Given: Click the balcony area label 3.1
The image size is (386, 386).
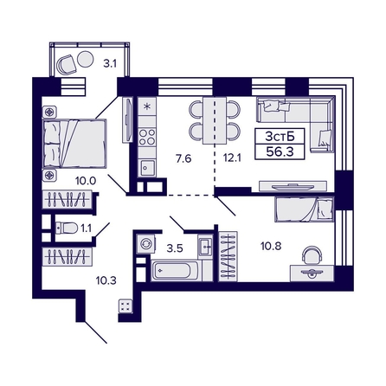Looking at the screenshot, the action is tap(110, 63).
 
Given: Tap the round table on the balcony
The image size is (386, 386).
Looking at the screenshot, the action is tap(86, 59).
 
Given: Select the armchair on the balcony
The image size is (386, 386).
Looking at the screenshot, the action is tap(67, 64).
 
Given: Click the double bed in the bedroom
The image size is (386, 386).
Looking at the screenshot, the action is tap(74, 144).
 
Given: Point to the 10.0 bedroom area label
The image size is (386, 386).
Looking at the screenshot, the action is tap(86, 181).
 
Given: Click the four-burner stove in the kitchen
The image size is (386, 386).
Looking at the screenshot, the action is tap(147, 137).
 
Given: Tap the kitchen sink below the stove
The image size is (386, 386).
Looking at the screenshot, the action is tap(147, 167).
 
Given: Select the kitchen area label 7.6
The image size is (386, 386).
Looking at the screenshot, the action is tap(183, 158).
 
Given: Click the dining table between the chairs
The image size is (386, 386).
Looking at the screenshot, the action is tap(215, 120).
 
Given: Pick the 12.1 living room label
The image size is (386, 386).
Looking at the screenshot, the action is tap(232, 158).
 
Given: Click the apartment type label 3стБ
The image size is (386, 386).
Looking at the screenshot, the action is tap(280, 136).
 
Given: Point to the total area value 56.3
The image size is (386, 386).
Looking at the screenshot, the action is tap(280, 151).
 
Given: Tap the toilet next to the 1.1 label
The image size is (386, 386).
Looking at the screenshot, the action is tap(67, 228).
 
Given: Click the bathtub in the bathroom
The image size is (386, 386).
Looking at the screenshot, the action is tap(175, 270).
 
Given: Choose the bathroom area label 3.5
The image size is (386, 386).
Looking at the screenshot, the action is tap(175, 248).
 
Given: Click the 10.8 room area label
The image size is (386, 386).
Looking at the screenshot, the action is tap(271, 247).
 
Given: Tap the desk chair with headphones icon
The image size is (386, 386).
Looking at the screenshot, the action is tap(312, 255).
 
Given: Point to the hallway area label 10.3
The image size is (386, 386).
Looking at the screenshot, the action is tap(106, 280).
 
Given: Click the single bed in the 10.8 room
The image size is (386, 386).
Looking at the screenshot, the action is tap(304, 209).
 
